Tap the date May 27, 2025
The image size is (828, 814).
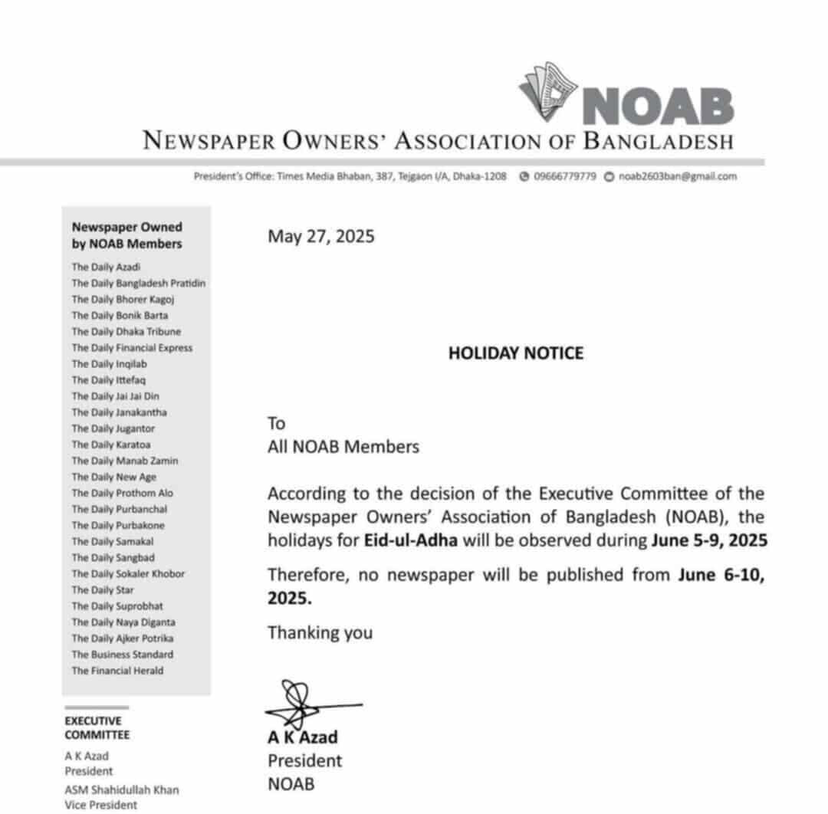coord(320,235)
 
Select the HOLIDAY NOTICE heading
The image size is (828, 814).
coord(515,353)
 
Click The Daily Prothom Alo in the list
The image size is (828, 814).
coord(122,493)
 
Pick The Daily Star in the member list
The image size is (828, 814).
coord(103,589)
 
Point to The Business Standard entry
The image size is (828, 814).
coord(122,654)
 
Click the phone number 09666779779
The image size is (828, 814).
coord(564,176)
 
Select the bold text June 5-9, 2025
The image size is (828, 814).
coord(709,540)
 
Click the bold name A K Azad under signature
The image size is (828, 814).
coord(302,737)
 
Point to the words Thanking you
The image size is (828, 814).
coord(320,632)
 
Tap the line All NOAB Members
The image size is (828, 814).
coord(343,447)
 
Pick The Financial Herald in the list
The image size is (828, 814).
coord(117,670)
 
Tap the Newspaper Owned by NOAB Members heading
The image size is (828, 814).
coord(127,235)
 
